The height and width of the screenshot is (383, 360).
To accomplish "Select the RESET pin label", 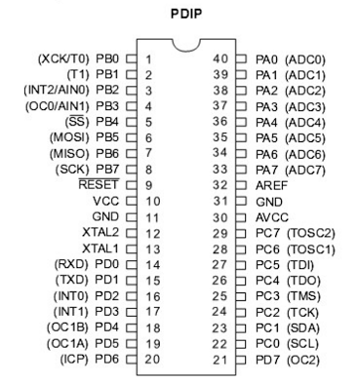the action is pos(99,184).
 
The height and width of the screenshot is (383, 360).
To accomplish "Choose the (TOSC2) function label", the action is pos(312,232).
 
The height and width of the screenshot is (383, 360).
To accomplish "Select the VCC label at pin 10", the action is pos(106,200).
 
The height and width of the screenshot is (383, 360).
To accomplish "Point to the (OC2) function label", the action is pos(304,360).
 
